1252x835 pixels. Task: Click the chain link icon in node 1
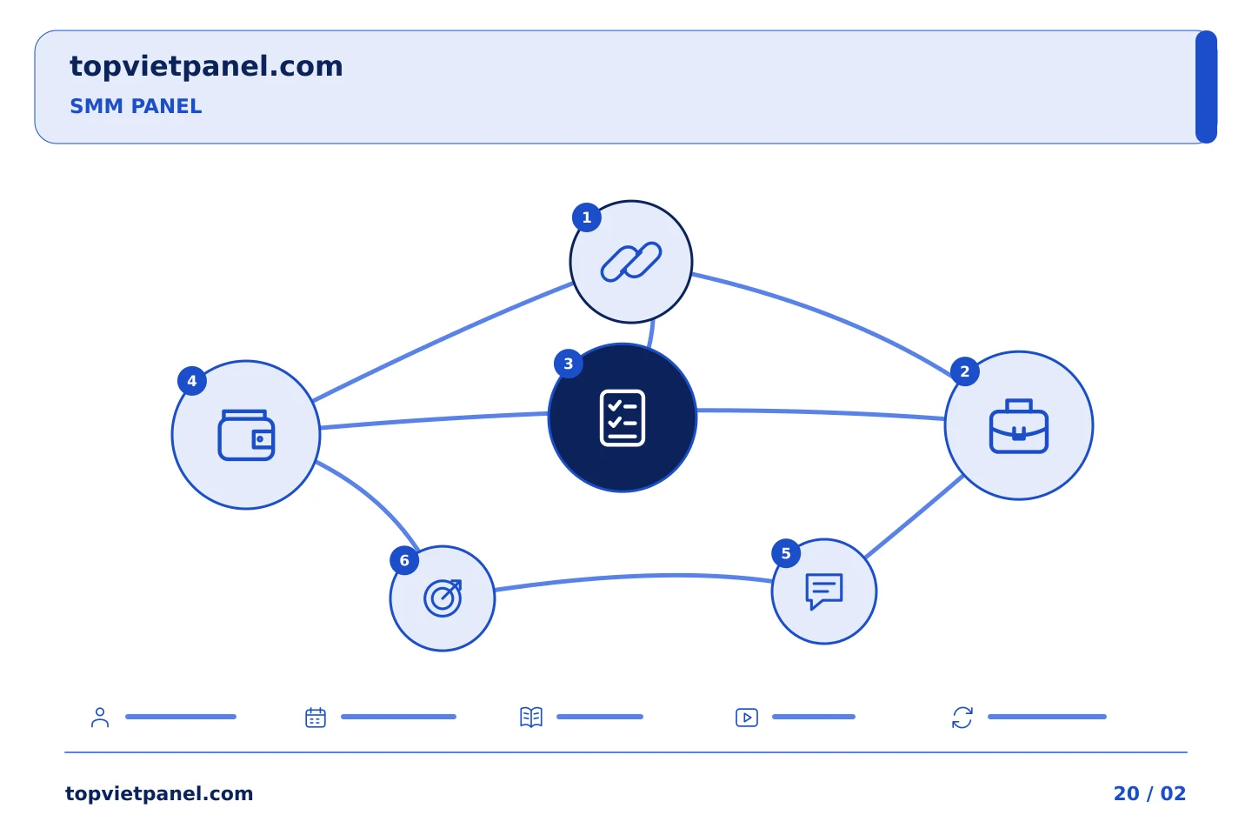click(631, 261)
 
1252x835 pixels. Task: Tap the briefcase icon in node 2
click(1018, 425)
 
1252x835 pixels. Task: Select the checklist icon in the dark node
click(623, 417)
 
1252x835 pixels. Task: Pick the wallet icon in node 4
click(246, 435)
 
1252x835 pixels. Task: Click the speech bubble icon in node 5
click(824, 591)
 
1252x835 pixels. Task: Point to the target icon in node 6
click(443, 598)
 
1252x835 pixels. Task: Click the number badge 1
click(586, 217)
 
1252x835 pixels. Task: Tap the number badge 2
click(964, 371)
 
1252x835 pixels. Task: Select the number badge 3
click(569, 364)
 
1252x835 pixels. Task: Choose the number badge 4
click(191, 382)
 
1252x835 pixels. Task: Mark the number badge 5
click(786, 554)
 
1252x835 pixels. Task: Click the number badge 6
click(404, 560)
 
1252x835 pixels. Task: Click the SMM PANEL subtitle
click(136, 106)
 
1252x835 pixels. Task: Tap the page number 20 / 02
click(1149, 793)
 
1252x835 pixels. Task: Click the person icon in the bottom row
click(100, 718)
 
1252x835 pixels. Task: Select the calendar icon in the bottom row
click(316, 718)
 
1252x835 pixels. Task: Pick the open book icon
click(531, 717)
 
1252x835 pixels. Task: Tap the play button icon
click(747, 718)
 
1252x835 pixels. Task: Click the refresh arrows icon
click(962, 718)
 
